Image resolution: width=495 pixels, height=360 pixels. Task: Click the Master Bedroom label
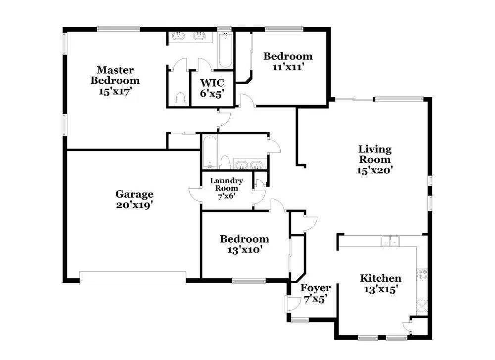[118, 75]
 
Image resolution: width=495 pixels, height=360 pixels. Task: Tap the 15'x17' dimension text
[118, 91]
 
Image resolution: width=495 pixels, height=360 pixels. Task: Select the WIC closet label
[212, 83]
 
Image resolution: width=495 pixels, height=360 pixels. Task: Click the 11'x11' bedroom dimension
[288, 67]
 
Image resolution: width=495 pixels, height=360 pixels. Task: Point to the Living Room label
[375, 154]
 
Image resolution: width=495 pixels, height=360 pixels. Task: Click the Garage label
[134, 194]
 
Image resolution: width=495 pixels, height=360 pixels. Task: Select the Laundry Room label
[227, 184]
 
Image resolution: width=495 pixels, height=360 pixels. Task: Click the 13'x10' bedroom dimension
[245, 250]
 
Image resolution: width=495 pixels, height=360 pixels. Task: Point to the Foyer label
[315, 288]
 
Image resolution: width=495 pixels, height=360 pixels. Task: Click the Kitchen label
[380, 278]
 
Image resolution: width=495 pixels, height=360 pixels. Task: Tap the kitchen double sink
[390, 241]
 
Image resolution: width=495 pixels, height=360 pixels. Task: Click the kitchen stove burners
[422, 274]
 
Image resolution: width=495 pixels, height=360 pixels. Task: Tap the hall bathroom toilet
[225, 162]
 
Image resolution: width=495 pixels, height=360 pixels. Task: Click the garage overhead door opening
[133, 277]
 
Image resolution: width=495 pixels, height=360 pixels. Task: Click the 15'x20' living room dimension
[375, 170]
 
